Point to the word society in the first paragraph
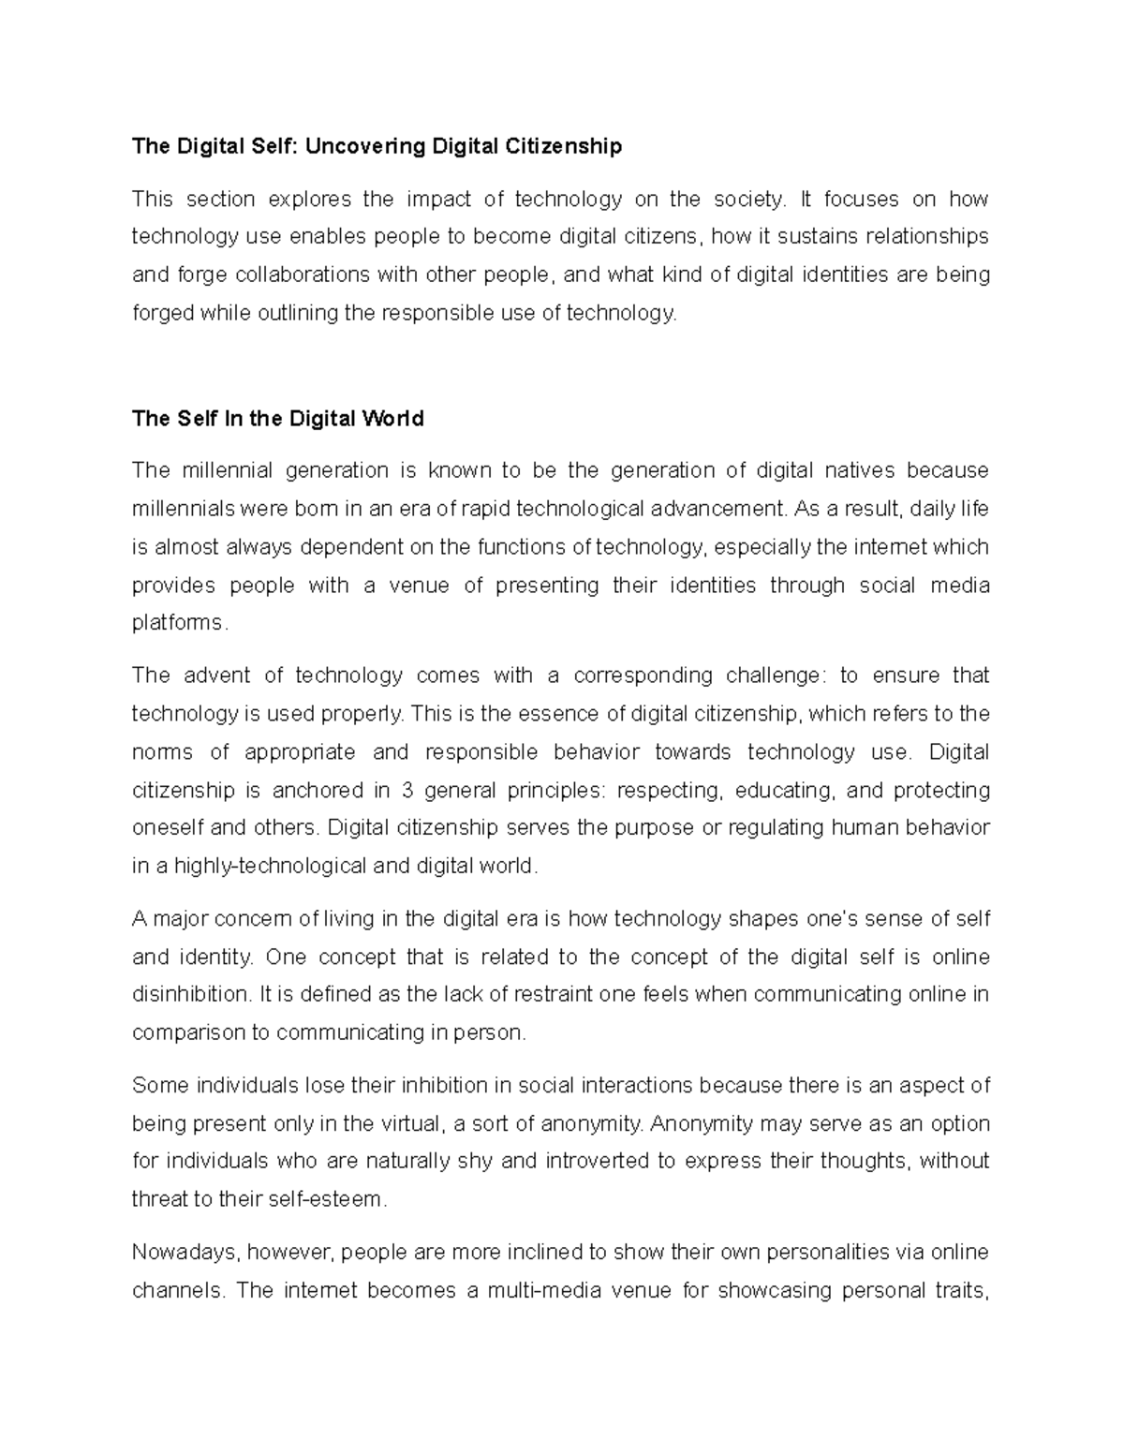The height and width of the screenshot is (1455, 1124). pos(748,199)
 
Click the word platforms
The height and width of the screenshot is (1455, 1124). pos(178,623)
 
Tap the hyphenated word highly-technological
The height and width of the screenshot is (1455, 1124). pos(272,866)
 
